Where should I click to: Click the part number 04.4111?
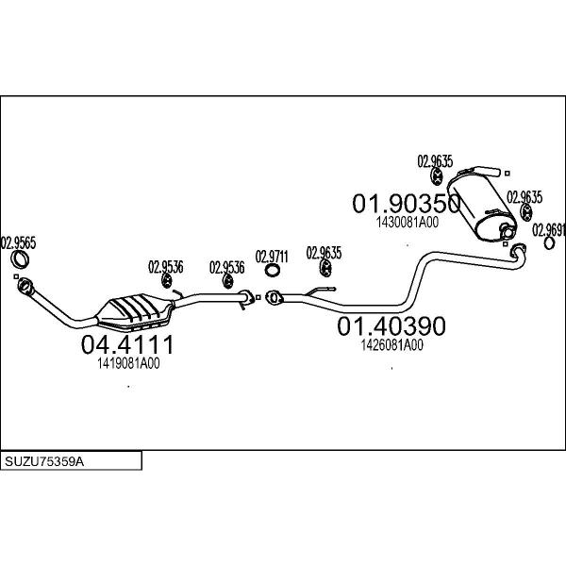pyautogui.click(x=127, y=344)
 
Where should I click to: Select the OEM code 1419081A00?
pyautogui.click(x=128, y=363)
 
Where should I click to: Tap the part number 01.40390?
pyautogui.click(x=391, y=326)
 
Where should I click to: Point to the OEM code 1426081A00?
pyautogui.click(x=392, y=345)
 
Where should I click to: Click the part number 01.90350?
pyautogui.click(x=407, y=203)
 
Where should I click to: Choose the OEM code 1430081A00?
pyautogui.click(x=408, y=222)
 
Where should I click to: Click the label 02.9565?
pyautogui.click(x=19, y=243)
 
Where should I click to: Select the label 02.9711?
pyautogui.click(x=272, y=257)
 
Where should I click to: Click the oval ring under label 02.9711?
pyautogui.click(x=273, y=271)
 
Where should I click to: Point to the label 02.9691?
pyautogui.click(x=549, y=230)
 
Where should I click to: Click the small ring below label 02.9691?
pyautogui.click(x=549, y=243)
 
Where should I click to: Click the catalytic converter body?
pyautogui.click(x=135, y=311)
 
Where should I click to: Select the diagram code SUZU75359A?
pyautogui.click(x=44, y=461)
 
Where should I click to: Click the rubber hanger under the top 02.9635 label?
pyautogui.click(x=437, y=177)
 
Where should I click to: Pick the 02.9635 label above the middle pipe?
pyautogui.click(x=324, y=253)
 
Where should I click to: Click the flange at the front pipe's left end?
pyautogui.click(x=25, y=286)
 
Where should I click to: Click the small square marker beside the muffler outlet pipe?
pyautogui.click(x=508, y=174)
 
